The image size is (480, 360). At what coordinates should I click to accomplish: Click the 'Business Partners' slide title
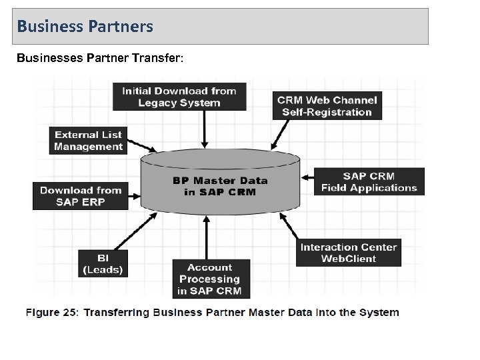click(85, 27)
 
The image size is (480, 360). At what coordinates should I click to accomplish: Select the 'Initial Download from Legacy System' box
click(179, 96)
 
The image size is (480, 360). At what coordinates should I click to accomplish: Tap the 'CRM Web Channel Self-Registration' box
click(327, 106)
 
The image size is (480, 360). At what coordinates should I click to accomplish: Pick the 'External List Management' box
click(89, 141)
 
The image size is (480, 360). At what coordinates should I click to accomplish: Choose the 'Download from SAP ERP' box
click(81, 196)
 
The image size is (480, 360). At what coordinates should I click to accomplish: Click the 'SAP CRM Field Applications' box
click(369, 182)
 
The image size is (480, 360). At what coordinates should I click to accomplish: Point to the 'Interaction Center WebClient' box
click(349, 253)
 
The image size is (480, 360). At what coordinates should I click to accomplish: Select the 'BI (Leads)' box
click(102, 263)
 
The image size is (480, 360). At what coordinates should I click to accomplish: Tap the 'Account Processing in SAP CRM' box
click(209, 279)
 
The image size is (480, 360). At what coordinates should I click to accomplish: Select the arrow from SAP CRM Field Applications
click(307, 178)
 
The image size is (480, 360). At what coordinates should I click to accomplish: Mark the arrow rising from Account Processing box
click(207, 240)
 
